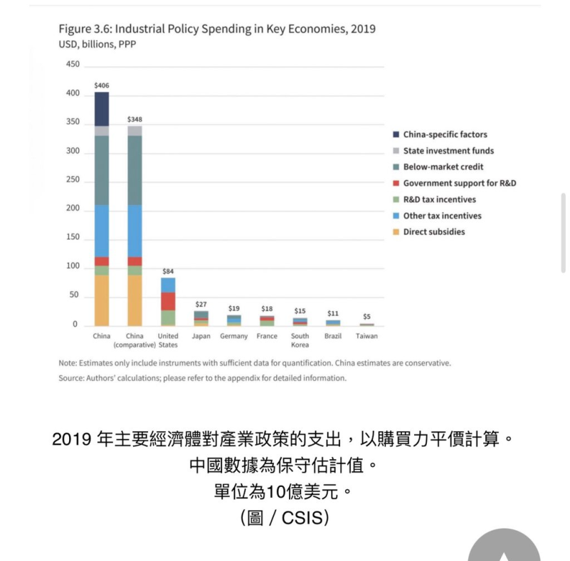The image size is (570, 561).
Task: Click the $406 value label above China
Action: coord(102,85)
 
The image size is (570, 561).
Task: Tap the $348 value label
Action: coord(134,120)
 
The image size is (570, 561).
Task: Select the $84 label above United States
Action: coord(168,271)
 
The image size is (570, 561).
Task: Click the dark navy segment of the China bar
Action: coord(102,109)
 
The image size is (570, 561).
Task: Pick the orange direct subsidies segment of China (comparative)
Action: coord(134,300)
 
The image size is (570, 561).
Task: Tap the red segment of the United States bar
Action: coord(168,301)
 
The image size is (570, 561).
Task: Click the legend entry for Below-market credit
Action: coord(443,167)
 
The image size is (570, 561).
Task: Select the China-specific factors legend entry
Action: coord(445,135)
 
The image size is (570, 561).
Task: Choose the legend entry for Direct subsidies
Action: coord(433,232)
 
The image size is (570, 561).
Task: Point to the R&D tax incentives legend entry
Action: coord(439,200)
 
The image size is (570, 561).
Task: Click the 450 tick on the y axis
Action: coord(73,64)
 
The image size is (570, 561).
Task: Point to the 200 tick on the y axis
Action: coord(73,209)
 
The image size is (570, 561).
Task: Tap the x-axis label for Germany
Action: coord(233,336)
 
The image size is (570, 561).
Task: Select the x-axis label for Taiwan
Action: coord(366,336)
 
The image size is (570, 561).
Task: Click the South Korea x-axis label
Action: coord(300,340)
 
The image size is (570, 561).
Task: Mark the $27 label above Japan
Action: coord(201,304)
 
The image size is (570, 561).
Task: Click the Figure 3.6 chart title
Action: coord(217,29)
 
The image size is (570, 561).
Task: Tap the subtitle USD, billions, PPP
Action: coord(97,44)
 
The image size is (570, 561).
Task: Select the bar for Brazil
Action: coord(333,323)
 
